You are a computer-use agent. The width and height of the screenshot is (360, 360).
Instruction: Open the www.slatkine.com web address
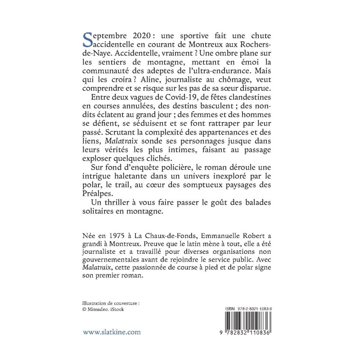(112, 332)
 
